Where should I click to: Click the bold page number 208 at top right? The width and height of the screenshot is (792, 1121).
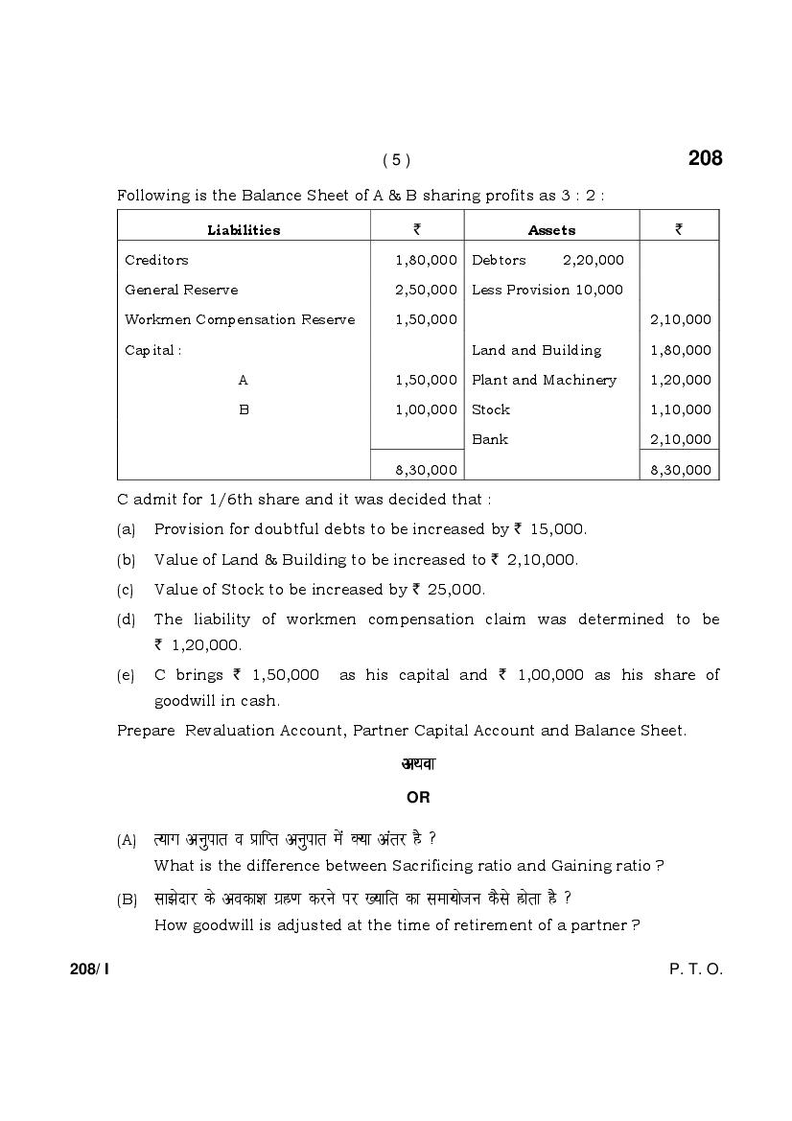click(705, 158)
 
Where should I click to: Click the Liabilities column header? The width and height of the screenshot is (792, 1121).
click(244, 230)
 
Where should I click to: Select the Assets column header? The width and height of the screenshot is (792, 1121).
click(551, 230)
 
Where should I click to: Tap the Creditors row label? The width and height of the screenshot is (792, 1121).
click(156, 260)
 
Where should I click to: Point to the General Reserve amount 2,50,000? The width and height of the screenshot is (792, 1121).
click(426, 290)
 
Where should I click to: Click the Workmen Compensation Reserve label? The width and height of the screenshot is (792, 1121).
click(240, 319)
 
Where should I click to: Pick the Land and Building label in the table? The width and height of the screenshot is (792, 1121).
click(536, 350)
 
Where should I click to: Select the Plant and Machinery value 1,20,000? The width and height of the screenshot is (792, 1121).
click(680, 380)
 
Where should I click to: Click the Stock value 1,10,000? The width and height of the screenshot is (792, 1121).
click(680, 409)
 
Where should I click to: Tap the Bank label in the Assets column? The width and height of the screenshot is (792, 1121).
click(489, 439)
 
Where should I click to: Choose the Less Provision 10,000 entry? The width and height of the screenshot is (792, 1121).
click(547, 290)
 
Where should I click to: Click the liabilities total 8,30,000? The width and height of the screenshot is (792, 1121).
click(426, 470)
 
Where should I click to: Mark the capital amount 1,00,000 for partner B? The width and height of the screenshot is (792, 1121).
click(426, 409)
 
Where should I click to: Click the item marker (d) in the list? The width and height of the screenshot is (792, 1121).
click(126, 619)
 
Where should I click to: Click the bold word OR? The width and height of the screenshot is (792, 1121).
click(418, 797)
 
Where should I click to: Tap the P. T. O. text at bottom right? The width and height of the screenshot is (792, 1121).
click(695, 969)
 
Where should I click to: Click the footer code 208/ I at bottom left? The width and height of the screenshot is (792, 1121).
click(89, 969)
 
